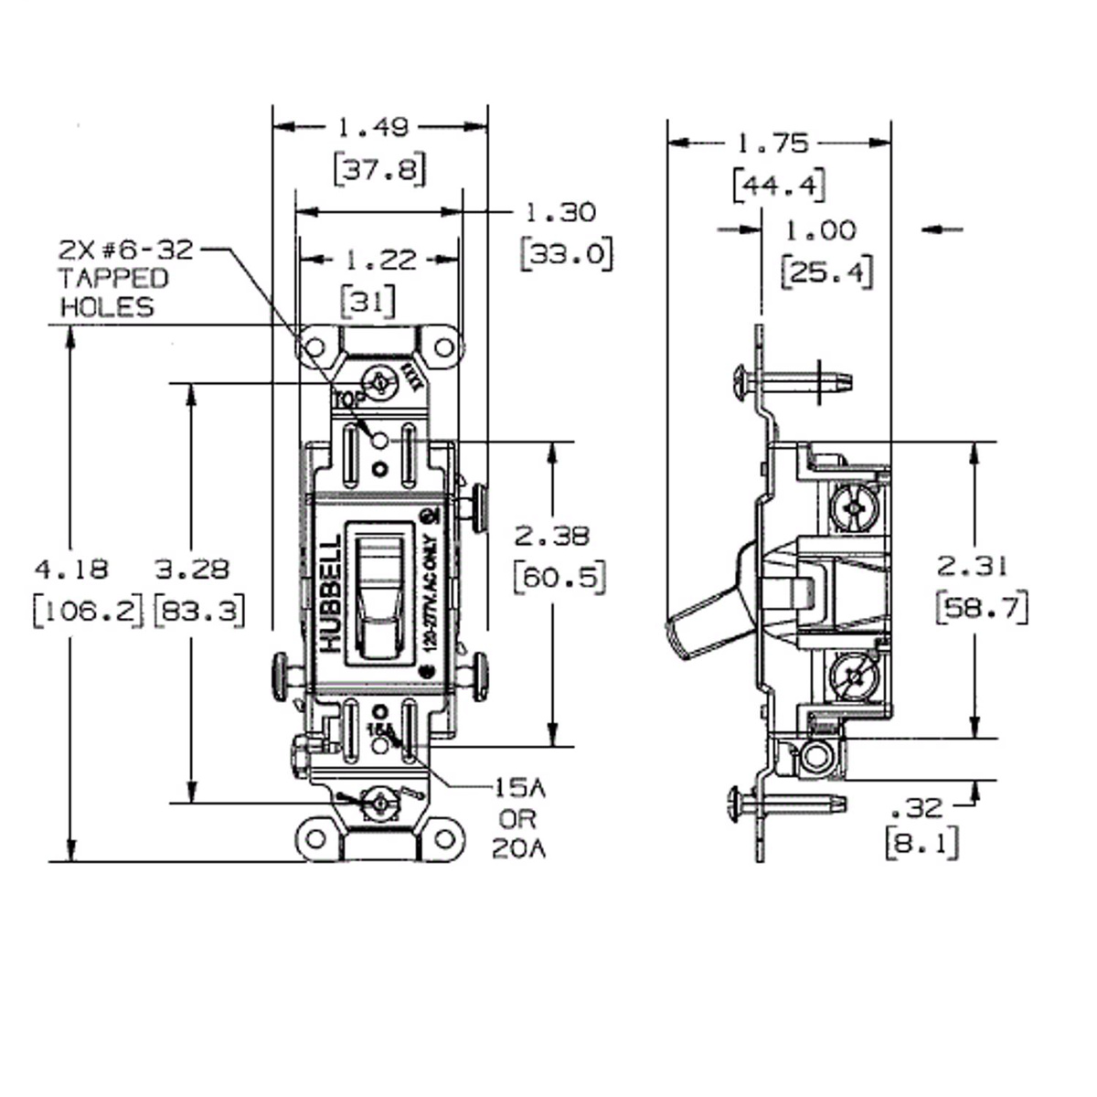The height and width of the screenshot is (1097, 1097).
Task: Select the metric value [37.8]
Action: point(379,169)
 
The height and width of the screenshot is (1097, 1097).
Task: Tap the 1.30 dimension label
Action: point(560,213)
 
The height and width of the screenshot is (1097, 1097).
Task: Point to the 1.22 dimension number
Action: point(380,261)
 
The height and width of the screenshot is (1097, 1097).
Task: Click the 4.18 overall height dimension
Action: point(71,570)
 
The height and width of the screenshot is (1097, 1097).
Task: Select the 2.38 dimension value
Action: point(552,536)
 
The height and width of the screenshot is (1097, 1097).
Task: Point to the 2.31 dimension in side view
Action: point(971,567)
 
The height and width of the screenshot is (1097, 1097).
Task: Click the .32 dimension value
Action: point(916,808)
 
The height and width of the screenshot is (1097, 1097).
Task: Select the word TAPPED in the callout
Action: point(114,278)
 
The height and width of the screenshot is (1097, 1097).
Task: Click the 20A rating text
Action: point(518,849)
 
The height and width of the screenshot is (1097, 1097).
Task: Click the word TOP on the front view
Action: point(347,399)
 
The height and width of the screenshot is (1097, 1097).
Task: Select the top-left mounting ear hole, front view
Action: point(314,348)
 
